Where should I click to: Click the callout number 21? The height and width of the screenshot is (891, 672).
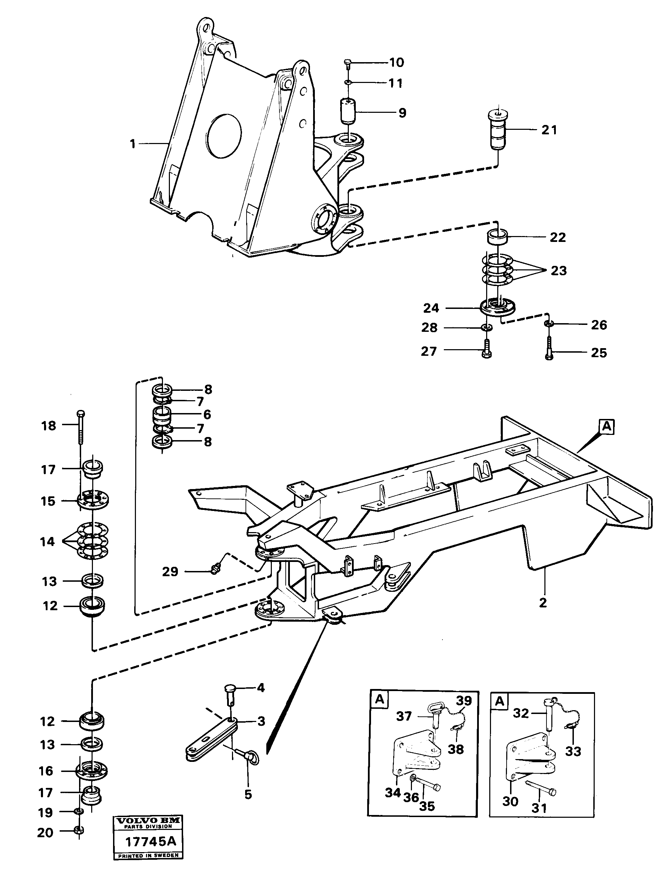(x=549, y=130)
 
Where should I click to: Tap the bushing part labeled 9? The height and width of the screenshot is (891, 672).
(x=348, y=111)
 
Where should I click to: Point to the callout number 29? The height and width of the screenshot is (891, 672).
(x=170, y=572)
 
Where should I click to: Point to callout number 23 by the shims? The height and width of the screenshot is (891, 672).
(x=559, y=271)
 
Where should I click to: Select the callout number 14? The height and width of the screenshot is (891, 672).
(x=47, y=542)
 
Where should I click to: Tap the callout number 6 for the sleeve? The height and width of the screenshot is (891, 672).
(x=207, y=414)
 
